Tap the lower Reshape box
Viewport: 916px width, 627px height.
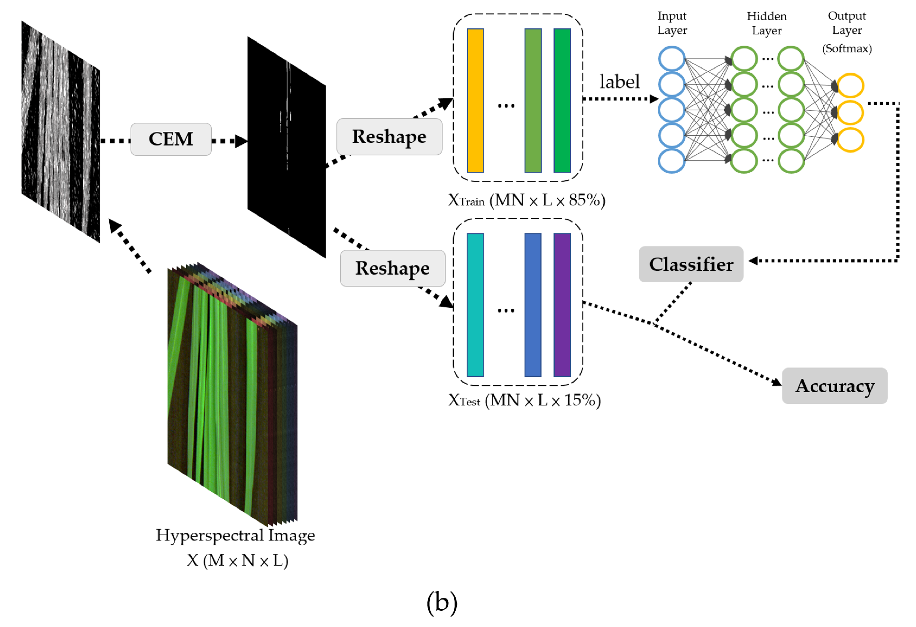click(x=393, y=268)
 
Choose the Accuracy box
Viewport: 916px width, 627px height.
click(x=834, y=386)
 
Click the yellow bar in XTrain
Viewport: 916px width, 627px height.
click(x=475, y=100)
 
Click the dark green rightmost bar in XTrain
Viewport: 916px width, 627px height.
click(x=562, y=100)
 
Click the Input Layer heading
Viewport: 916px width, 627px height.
click(x=672, y=23)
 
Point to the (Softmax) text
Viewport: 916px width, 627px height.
click(x=847, y=48)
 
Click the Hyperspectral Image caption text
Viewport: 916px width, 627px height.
click(x=235, y=535)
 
